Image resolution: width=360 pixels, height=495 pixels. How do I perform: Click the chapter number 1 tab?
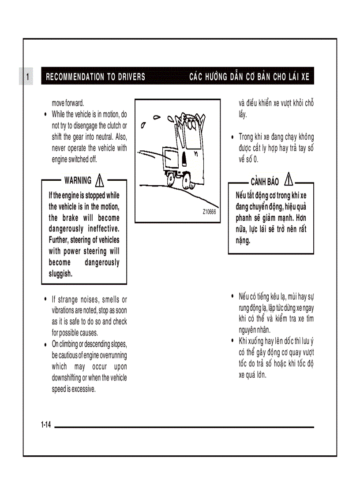[x=27, y=77]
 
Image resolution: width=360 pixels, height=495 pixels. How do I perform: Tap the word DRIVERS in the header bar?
[x=131, y=77]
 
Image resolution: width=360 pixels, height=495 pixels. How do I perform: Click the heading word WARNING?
[x=78, y=180]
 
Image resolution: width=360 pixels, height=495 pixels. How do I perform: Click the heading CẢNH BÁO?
[x=265, y=182]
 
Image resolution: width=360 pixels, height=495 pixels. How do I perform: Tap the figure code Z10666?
[x=209, y=212]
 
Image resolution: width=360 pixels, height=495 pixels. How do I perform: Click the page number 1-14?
[x=46, y=425]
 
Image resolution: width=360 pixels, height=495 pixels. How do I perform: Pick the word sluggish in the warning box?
[x=60, y=274]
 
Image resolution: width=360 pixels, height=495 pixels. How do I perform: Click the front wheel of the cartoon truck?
[x=171, y=179]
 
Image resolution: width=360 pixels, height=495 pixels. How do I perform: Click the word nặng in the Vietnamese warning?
[x=243, y=241]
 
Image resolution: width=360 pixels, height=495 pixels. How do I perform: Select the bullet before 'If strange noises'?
[x=46, y=299]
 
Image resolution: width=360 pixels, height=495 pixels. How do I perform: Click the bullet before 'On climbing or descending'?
[x=46, y=344]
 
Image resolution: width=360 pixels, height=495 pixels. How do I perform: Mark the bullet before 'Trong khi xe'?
[x=233, y=137]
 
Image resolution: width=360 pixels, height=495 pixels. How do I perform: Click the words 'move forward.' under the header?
[x=68, y=103]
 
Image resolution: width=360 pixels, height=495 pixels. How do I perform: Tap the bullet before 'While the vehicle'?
[x=46, y=114]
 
